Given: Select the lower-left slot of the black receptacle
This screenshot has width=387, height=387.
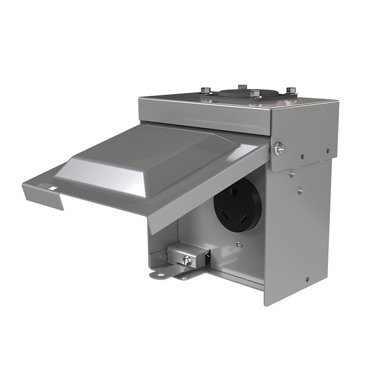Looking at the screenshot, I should coord(228,211).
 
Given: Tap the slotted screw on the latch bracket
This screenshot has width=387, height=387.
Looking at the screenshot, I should coord(187,260).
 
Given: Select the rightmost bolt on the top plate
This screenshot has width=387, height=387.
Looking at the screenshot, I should coord(291,90).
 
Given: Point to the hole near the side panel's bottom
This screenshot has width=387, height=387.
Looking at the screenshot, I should coord(307,279).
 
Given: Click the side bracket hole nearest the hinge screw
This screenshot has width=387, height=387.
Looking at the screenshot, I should coord(303,157).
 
